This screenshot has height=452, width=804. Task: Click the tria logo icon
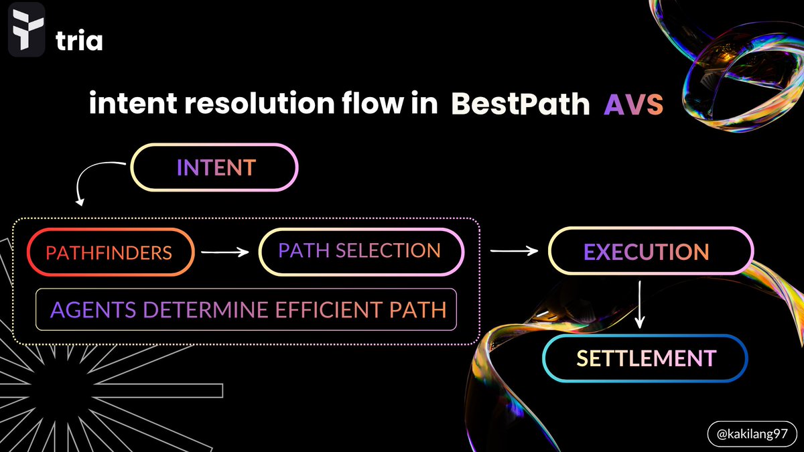27,29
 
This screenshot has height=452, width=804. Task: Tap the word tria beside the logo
78,42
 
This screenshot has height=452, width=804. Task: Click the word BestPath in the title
521,105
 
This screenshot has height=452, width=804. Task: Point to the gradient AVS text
633,105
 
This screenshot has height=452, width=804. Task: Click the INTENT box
214,167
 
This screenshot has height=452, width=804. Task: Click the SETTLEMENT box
645,358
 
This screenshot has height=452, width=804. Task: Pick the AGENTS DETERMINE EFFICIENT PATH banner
246,309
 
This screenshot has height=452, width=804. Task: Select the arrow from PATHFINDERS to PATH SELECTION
225,252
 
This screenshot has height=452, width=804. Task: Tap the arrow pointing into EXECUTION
514,251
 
